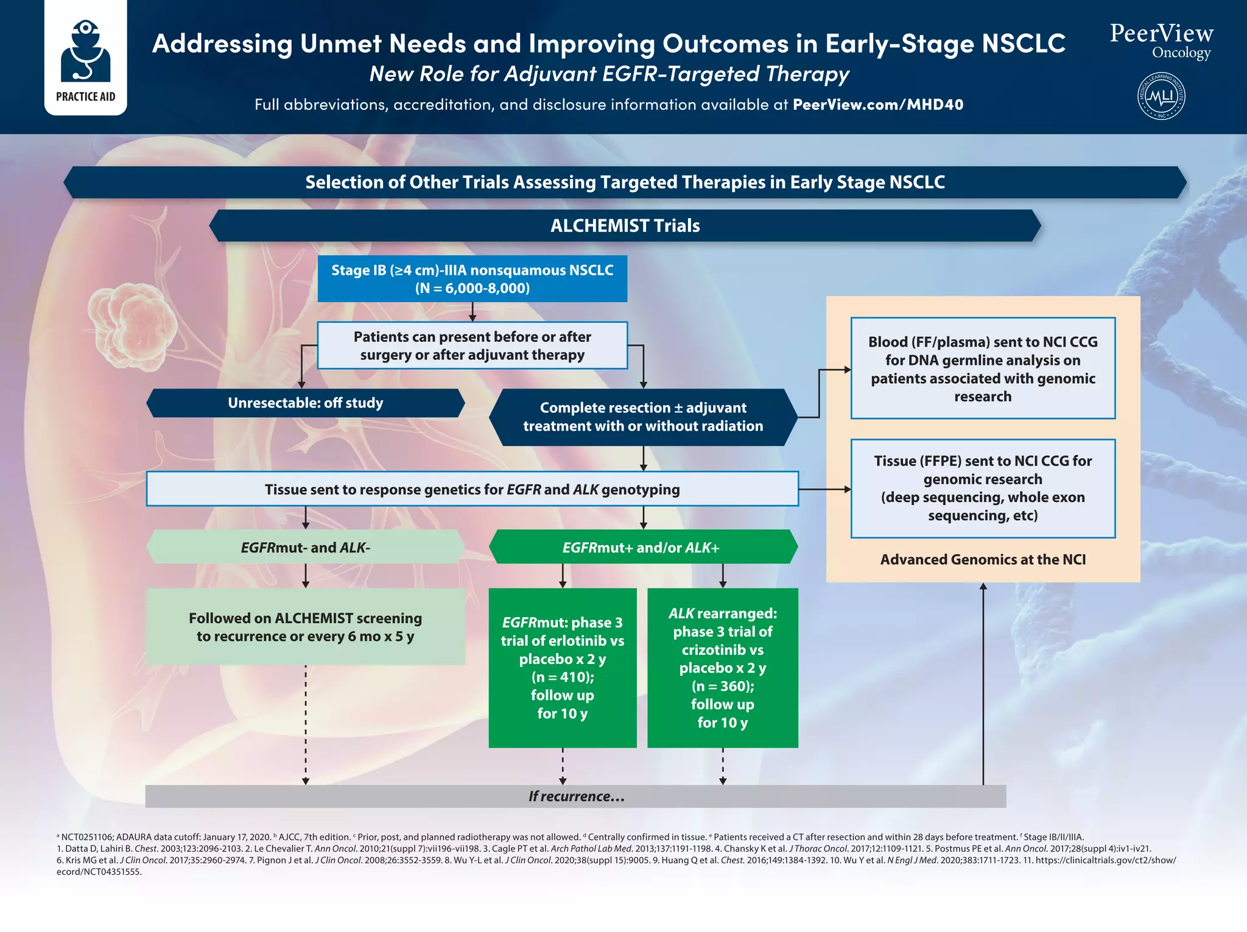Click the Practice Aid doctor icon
click(85, 51)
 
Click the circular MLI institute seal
click(1161, 96)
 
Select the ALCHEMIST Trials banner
click(625, 226)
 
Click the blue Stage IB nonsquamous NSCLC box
click(472, 279)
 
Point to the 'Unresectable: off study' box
click(305, 403)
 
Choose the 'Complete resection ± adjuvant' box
click(643, 417)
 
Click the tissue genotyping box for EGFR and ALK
click(472, 489)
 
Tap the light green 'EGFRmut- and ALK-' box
click(305, 547)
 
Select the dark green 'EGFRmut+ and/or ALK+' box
click(642, 547)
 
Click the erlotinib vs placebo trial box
click(562, 668)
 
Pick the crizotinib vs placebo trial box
click(722, 668)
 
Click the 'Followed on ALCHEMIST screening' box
click(305, 627)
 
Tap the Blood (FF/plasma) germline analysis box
click(983, 369)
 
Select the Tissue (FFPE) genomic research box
click(983, 489)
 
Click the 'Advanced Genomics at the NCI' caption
click(983, 559)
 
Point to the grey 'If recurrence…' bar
click(575, 796)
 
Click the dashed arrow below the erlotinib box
click(563, 766)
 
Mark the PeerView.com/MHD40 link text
click(877, 105)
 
